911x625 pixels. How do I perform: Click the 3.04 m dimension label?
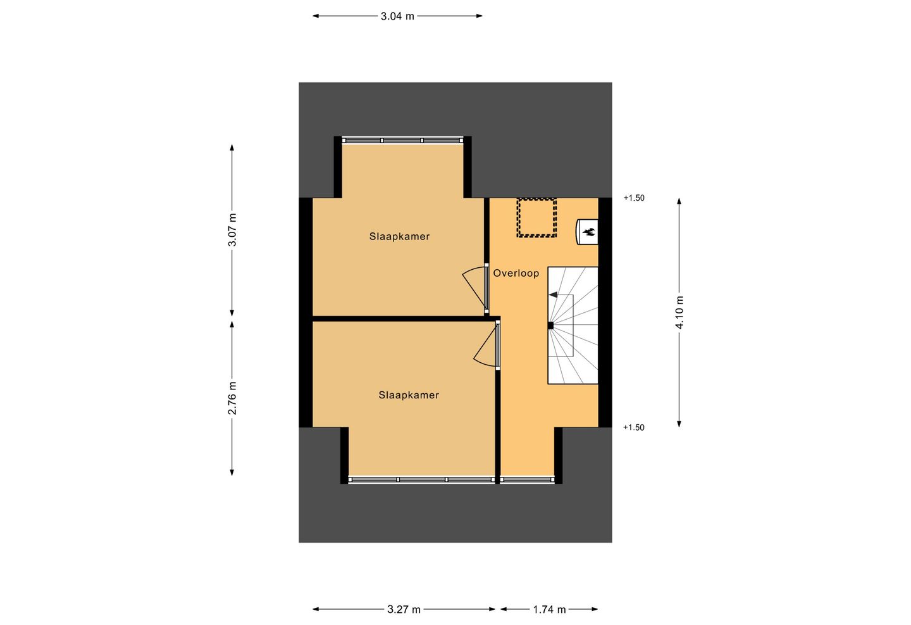[x=397, y=16]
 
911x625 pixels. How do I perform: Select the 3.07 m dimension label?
[x=232, y=229]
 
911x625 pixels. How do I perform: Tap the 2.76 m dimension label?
[x=232, y=398]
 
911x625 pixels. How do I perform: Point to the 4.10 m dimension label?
[x=679, y=312]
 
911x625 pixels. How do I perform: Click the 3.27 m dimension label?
[x=404, y=609]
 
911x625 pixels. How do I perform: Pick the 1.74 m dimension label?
[x=549, y=609]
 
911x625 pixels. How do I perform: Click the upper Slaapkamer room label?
[x=399, y=236]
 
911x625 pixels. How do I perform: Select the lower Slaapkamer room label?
[x=409, y=395]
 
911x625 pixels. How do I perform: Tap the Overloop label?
[x=516, y=273]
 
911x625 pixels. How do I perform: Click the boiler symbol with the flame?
[x=588, y=232]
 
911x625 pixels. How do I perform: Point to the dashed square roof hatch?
[x=536, y=218]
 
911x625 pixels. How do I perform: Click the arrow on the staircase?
[x=554, y=294]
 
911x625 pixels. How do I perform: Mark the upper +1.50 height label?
[x=634, y=198]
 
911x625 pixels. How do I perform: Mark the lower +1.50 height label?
[x=634, y=427]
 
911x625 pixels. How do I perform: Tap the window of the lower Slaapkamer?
[x=421, y=480]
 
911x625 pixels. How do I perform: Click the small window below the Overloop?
[x=527, y=480]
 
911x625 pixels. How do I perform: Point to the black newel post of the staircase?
[x=550, y=325]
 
